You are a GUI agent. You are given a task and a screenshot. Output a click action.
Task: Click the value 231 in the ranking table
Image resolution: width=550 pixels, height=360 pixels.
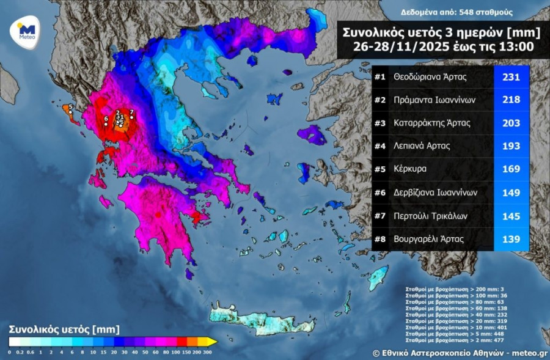(510, 77)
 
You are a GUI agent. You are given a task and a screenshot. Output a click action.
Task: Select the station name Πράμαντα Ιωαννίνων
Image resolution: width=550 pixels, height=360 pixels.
(435, 100)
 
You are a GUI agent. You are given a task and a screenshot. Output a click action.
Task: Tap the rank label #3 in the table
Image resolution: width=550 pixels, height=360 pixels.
(381, 123)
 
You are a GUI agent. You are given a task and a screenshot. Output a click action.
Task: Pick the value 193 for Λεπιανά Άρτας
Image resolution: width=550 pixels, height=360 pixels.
(510, 147)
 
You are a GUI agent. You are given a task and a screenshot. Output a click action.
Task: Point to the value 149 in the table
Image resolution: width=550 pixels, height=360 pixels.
(510, 193)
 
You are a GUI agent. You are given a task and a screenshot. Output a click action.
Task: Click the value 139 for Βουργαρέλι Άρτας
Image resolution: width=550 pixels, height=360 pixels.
(510, 240)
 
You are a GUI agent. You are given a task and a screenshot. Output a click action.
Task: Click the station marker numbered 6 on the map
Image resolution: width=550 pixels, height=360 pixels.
(106, 123)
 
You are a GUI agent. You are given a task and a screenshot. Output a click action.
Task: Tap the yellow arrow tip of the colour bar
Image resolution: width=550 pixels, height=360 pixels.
(212, 342)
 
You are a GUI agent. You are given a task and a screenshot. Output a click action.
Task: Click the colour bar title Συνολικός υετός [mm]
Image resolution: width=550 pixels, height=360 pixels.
(64, 329)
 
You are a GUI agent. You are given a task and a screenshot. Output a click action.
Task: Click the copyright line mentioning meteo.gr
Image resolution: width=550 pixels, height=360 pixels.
(460, 353)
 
